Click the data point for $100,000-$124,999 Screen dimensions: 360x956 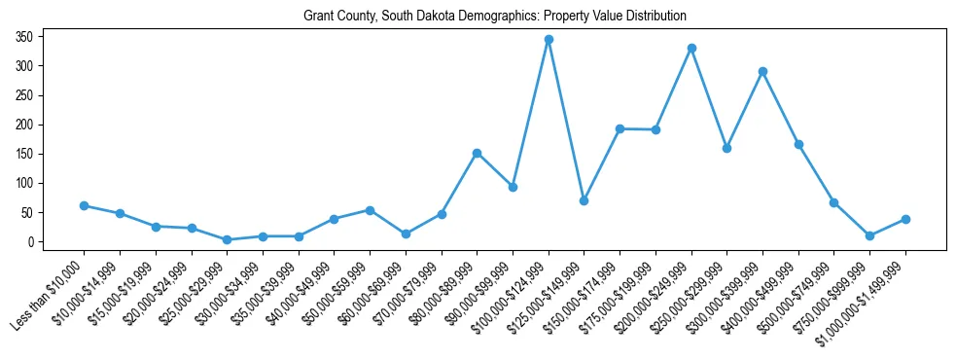coord(549,40)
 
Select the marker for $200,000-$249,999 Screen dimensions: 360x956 coord(691,48)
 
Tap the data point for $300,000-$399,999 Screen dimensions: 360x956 coord(763,71)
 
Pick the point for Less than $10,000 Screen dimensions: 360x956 coord(84,205)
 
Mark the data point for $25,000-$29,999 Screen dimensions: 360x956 coord(227,239)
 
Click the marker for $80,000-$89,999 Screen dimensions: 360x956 coord(478,153)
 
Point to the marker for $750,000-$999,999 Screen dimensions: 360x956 coord(870,235)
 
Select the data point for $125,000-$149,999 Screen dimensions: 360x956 coord(584,200)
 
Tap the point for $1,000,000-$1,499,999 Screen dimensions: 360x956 coord(906,219)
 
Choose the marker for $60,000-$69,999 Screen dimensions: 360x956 coord(406,234)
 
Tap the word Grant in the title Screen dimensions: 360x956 coord(318,17)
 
